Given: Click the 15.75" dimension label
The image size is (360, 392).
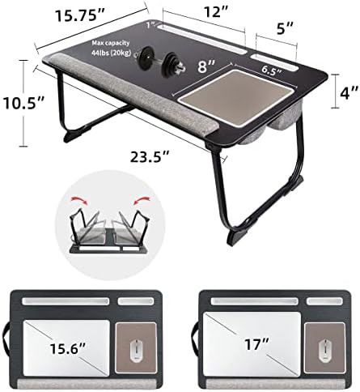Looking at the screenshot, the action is (80, 15).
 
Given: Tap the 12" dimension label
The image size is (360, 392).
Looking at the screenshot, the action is (216, 11).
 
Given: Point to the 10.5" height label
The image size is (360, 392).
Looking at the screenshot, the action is (23, 103).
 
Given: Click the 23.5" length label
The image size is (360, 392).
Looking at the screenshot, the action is (150, 156).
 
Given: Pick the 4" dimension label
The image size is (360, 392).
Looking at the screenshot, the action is (349, 92).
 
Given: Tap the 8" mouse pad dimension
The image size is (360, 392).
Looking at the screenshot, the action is (206, 66).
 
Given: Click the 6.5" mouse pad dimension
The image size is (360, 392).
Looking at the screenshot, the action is (272, 70).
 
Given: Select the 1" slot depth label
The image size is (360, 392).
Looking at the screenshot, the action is (151, 25).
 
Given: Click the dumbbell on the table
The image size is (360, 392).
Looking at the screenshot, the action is (161, 61).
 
